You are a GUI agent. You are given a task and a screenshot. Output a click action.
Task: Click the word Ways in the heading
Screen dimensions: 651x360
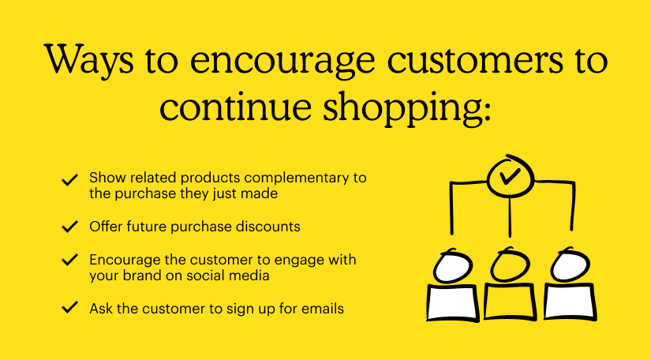coord(89,60)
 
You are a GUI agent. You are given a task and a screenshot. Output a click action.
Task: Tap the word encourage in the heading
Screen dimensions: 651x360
coord(282,63)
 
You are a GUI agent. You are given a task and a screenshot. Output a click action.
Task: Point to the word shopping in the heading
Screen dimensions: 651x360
coord(407,110)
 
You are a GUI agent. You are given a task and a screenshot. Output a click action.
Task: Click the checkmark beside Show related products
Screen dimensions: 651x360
coord(69,179)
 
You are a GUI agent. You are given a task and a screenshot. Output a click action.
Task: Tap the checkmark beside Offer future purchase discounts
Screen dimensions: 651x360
coord(69,227)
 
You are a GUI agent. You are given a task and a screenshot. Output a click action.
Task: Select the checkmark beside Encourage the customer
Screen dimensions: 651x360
coord(69,260)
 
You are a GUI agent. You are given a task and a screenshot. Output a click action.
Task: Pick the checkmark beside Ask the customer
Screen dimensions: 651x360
coord(69,307)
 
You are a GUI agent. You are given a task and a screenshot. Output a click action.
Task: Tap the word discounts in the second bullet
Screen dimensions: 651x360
coord(268,227)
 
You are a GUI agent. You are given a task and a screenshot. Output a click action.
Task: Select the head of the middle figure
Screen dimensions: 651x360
coord(510,265)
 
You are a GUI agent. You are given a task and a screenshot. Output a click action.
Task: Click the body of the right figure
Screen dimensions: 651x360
coord(570,302)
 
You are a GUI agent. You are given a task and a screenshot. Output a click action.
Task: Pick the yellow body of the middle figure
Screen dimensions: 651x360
coord(510,302)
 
